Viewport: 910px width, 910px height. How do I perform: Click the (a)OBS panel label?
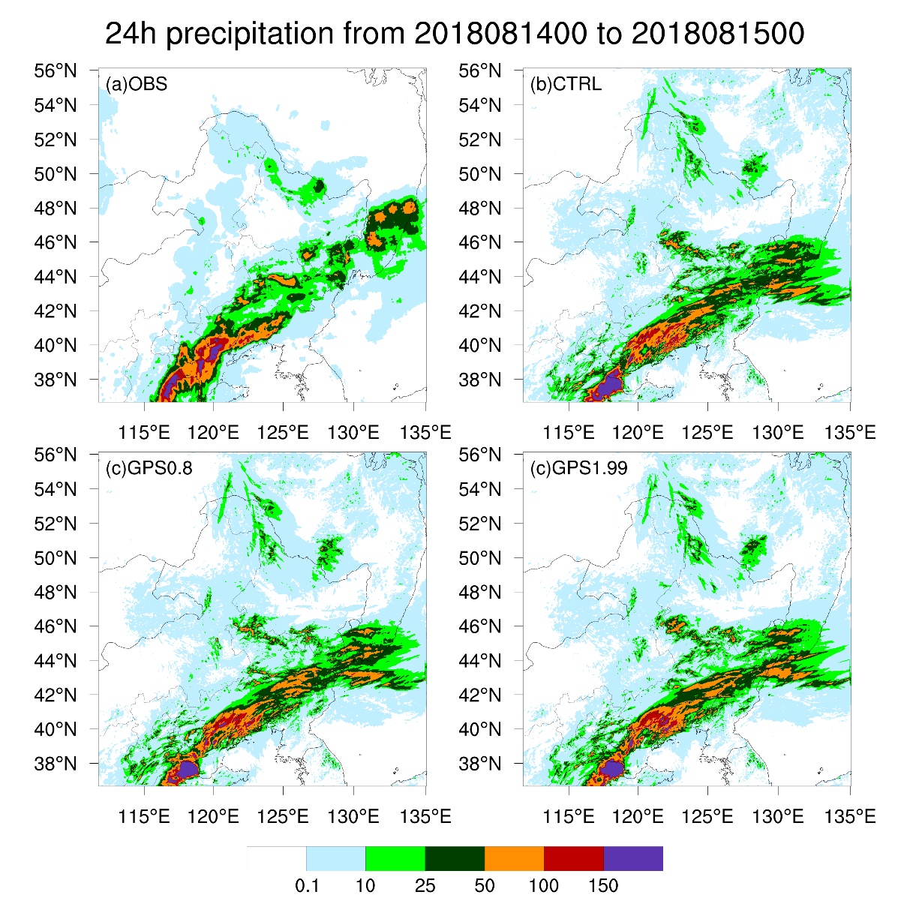[136, 84]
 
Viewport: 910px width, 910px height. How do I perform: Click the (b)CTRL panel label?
[566, 84]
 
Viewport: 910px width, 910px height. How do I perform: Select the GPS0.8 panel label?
[149, 468]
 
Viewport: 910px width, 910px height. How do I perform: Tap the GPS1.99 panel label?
[578, 468]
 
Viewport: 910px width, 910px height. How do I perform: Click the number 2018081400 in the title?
[500, 34]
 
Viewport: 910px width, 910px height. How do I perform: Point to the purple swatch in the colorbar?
[633, 858]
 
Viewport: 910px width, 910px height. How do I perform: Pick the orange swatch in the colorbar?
[514, 858]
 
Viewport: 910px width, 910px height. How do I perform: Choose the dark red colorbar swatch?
[574, 858]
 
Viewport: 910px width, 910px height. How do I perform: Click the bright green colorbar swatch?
[395, 858]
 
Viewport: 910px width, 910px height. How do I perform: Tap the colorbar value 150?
[603, 886]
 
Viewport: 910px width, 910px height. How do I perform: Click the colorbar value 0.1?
[307, 886]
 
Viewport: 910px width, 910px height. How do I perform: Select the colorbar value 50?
[485, 886]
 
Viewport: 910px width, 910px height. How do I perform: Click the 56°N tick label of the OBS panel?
[56, 71]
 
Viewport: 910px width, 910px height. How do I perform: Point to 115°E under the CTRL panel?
[569, 433]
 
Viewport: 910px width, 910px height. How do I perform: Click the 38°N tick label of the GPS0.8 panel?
[56, 764]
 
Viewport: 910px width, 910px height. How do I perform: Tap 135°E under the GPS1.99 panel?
[850, 816]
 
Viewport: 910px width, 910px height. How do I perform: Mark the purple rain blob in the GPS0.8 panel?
[188, 769]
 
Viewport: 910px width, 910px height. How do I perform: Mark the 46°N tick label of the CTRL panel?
[480, 242]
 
